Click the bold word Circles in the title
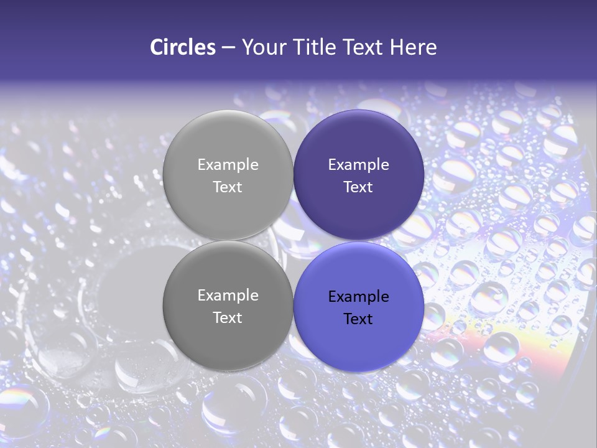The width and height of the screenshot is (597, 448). click(183, 47)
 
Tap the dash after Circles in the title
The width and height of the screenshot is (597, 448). click(228, 48)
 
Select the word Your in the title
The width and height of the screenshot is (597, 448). click(262, 47)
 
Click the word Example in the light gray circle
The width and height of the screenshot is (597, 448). click(228, 165)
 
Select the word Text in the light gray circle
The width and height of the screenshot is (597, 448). click(228, 187)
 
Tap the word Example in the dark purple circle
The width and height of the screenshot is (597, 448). click(358, 165)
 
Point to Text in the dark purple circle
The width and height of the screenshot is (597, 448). click(358, 187)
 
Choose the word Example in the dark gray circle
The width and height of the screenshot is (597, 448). click(228, 296)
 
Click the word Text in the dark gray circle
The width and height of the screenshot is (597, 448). click(228, 318)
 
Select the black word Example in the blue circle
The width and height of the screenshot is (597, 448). click(358, 297)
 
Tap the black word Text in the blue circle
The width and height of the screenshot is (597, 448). click(358, 319)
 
